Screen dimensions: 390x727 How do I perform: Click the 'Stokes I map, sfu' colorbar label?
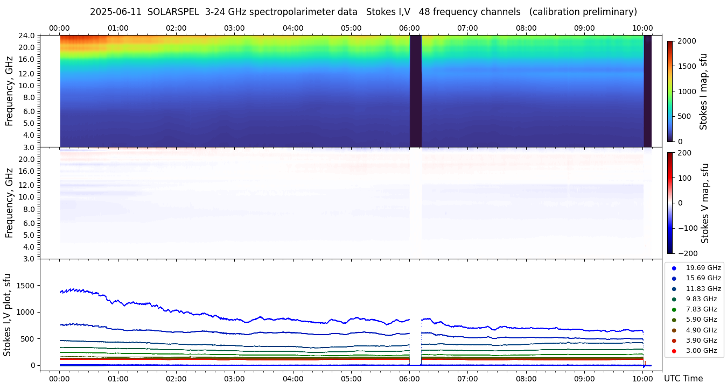pos(703,91)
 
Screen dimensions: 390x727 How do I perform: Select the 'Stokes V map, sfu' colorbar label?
pos(704,203)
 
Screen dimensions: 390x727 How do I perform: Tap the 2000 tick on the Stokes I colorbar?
pos(687,41)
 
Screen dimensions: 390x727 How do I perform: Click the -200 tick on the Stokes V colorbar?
pos(687,253)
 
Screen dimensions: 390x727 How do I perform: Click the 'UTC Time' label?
pos(683,379)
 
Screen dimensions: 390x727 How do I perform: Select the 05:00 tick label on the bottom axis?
pos(351,379)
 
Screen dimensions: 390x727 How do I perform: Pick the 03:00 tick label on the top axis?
pos(234,28)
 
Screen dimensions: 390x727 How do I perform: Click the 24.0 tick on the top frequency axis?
pos(29,36)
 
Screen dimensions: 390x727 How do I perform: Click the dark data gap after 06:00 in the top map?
pos(415,91)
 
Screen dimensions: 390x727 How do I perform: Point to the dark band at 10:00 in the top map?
pos(647,91)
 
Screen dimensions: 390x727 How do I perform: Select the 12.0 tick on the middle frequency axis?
pos(29,185)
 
